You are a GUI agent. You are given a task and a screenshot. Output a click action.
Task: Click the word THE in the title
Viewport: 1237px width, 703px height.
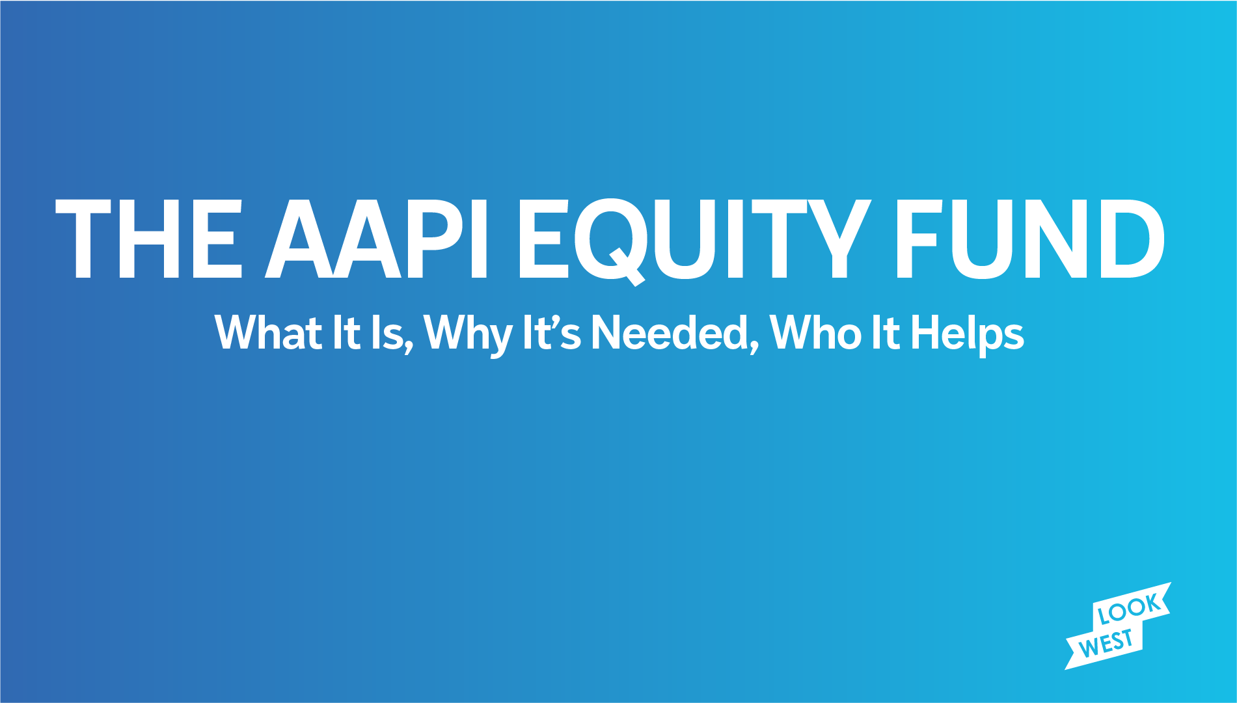tap(149, 239)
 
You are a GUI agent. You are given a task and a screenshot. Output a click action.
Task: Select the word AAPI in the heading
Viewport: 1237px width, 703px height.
tap(375, 239)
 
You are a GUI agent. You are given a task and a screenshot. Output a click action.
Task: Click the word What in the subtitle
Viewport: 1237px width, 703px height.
tap(268, 332)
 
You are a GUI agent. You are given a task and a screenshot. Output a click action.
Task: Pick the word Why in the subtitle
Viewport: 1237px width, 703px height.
tap(467, 335)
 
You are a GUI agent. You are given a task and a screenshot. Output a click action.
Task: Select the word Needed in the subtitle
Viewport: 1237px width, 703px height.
tap(670, 332)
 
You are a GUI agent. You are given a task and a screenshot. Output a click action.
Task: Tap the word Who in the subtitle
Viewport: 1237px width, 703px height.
tap(816, 332)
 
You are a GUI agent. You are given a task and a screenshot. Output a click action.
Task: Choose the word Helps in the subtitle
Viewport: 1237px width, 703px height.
tap(968, 335)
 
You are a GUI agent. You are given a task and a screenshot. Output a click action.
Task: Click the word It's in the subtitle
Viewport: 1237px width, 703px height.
tap(552, 332)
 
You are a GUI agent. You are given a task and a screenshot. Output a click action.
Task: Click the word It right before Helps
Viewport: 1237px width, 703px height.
tap(886, 332)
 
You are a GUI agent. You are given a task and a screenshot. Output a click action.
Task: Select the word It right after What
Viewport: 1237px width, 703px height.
tap(346, 332)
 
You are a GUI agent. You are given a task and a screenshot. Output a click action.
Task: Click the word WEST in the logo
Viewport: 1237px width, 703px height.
tap(1106, 642)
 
